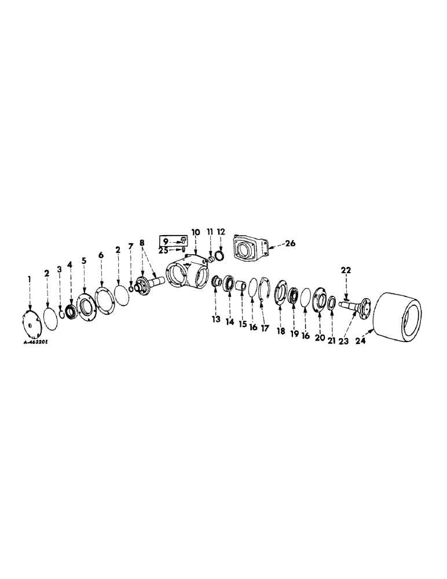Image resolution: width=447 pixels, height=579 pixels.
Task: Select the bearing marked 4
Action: [x=71, y=313]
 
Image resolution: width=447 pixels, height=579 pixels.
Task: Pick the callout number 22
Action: [x=346, y=269]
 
